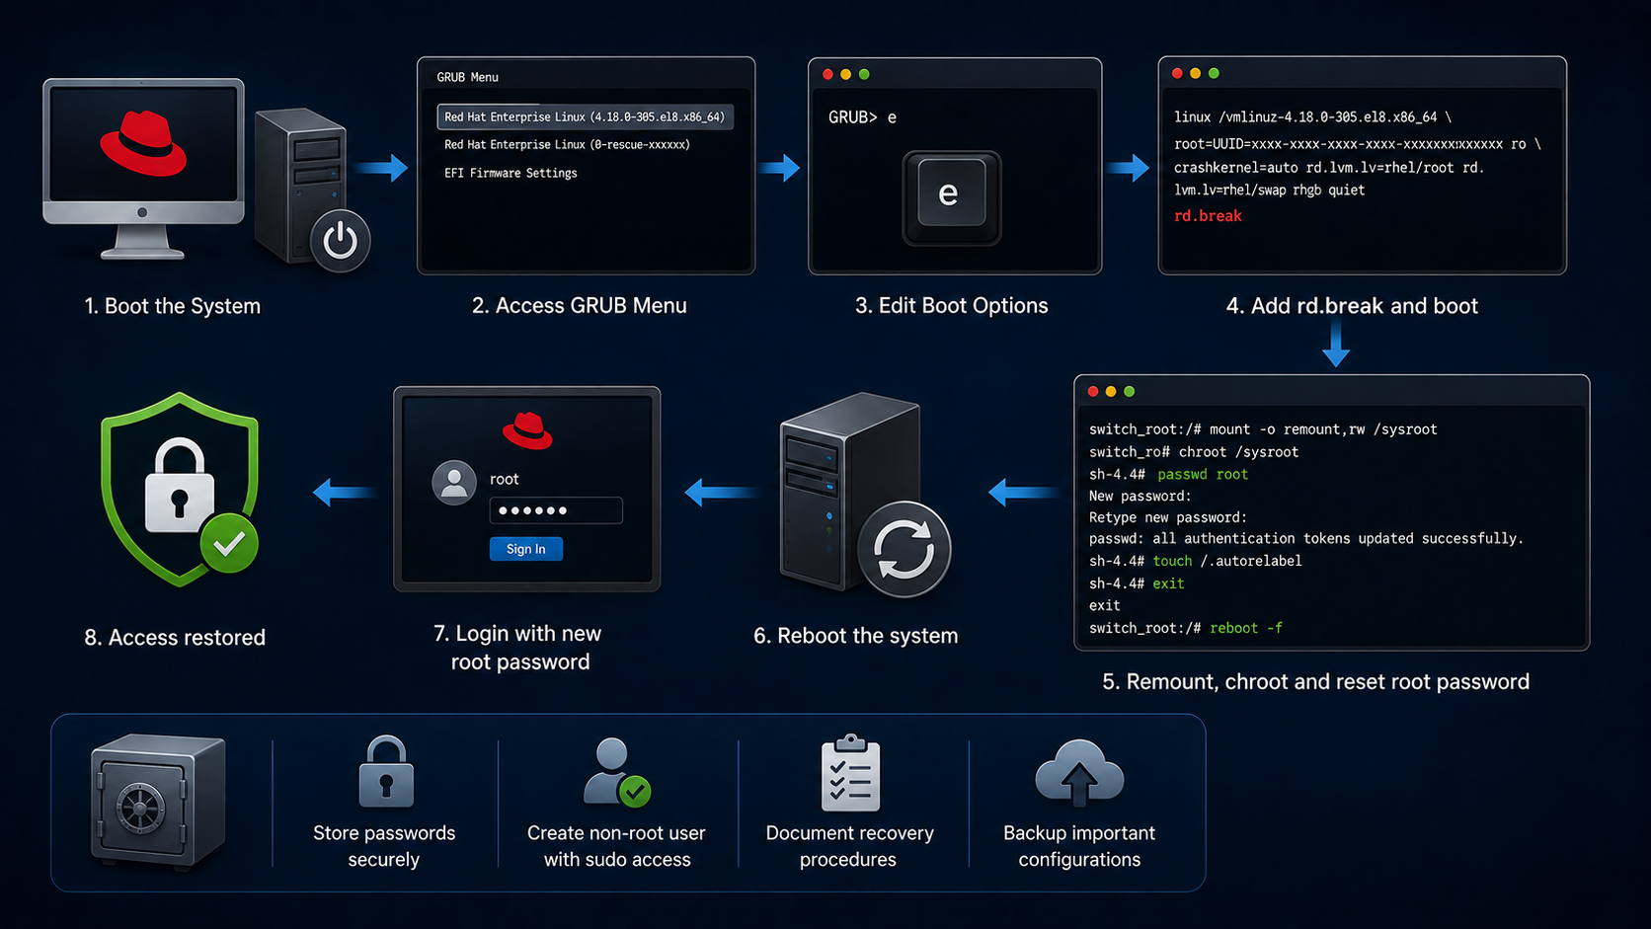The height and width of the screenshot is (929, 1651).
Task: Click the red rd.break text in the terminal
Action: (1208, 216)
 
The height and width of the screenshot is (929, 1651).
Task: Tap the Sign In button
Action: (526, 549)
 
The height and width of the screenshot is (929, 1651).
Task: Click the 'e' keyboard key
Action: (951, 195)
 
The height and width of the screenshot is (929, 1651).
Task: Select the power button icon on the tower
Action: (340, 240)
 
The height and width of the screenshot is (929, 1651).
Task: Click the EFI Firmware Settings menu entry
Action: (511, 173)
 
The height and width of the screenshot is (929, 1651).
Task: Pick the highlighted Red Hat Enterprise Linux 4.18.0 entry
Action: (586, 117)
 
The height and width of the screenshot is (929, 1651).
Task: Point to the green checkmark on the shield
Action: (229, 544)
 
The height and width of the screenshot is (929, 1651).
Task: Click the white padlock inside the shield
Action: (179, 486)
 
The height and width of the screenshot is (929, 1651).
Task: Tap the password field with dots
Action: (556, 510)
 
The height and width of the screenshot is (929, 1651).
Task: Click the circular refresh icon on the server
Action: (904, 550)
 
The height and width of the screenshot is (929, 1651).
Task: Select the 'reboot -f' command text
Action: (1245, 628)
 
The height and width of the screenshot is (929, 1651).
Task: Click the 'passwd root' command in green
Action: (1202, 475)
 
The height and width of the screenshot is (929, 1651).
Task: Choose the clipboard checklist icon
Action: (850, 773)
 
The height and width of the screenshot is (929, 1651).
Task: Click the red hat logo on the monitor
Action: (143, 144)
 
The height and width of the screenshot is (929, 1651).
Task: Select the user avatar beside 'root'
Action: (454, 483)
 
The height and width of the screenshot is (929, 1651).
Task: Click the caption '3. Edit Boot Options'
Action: (951, 306)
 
